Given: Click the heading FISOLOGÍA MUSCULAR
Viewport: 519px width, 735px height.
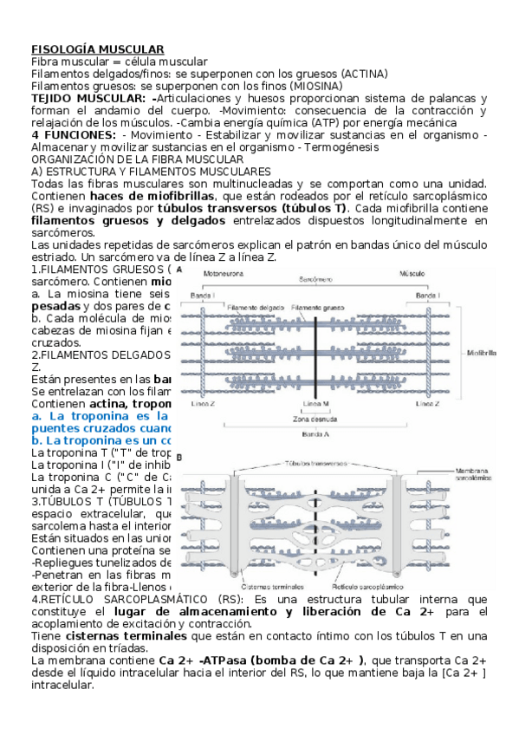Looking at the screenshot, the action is (98, 50).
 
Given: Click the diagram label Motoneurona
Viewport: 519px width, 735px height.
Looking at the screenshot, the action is (224, 274).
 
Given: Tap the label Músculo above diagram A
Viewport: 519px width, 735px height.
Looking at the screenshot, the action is (410, 274).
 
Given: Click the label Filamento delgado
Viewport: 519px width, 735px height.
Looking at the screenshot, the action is (256, 307).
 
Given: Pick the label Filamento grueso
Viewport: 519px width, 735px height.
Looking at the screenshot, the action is (317, 307).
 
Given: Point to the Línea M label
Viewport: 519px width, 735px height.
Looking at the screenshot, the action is (320, 405).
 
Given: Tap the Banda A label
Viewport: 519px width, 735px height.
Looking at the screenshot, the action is (320, 433).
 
